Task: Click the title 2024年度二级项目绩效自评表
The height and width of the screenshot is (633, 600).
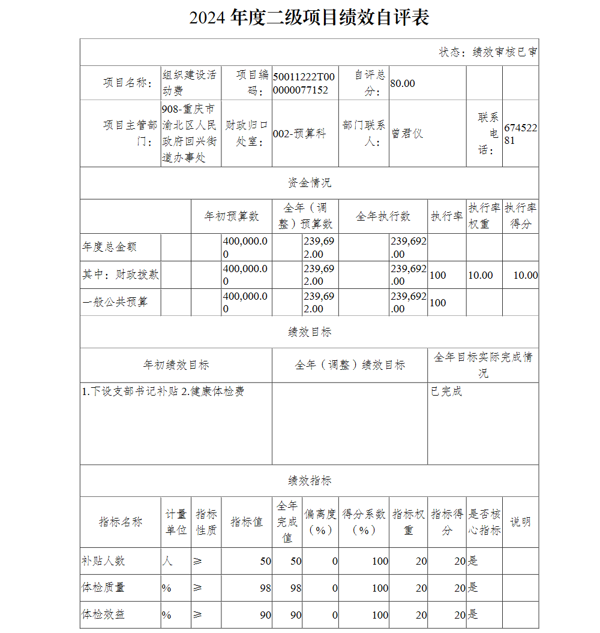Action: (x=309, y=18)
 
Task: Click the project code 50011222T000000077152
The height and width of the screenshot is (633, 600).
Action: (x=304, y=83)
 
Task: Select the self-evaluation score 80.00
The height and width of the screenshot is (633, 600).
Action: (x=403, y=83)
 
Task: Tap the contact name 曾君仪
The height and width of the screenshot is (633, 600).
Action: (x=407, y=134)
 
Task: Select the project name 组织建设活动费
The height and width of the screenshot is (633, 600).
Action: (x=190, y=83)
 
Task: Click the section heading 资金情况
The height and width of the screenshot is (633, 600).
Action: (x=309, y=183)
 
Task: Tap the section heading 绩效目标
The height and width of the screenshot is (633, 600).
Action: (x=309, y=332)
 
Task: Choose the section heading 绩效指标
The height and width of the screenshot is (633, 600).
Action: (x=309, y=481)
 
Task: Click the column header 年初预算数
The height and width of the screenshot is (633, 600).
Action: (x=232, y=216)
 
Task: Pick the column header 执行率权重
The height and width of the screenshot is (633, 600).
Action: (x=484, y=216)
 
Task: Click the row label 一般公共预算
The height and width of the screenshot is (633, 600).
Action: (x=115, y=302)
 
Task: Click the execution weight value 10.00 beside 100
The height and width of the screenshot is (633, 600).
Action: (x=481, y=275)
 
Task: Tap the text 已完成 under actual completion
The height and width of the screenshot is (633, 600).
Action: (x=446, y=391)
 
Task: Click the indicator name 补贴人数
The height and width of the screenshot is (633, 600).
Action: (x=103, y=561)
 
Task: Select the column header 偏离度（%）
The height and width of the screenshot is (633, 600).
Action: (x=320, y=522)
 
